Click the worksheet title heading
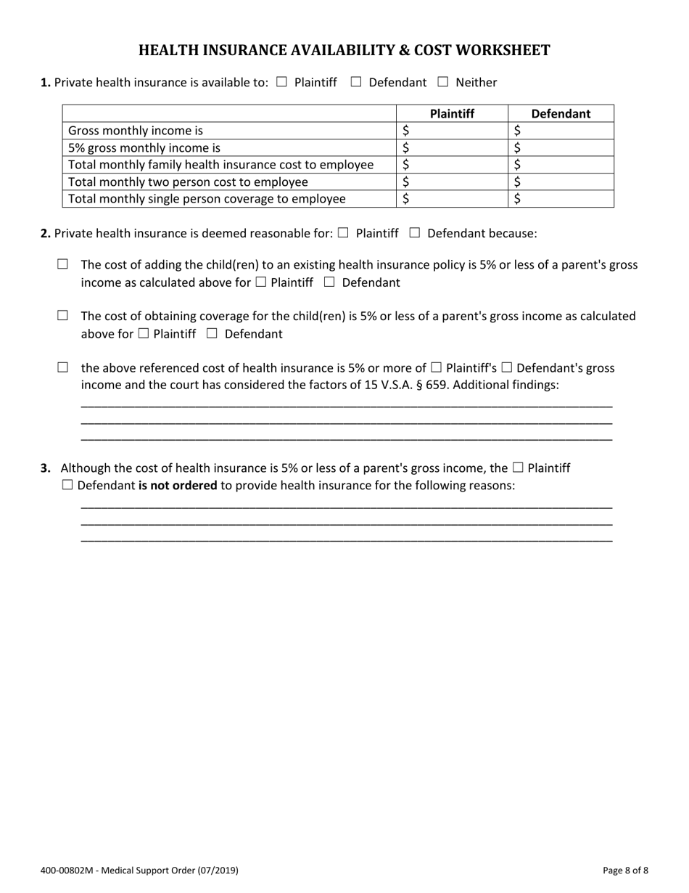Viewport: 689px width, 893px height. (344, 50)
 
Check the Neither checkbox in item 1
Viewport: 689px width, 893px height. (443, 82)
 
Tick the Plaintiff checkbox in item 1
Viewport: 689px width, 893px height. (282, 82)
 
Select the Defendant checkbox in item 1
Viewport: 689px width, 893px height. (356, 82)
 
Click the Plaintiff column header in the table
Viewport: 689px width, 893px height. (452, 113)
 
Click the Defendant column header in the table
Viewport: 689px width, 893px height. (561, 113)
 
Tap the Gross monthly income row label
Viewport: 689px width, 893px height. (136, 131)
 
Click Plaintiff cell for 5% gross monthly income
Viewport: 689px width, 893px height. (452, 147)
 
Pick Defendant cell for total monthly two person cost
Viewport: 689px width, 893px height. (561, 182)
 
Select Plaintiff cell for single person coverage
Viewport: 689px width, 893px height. (452, 198)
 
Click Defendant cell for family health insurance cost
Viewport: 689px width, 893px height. (561, 165)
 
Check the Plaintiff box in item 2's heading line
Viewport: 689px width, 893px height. (343, 233)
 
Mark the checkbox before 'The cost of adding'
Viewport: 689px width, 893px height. (62, 264)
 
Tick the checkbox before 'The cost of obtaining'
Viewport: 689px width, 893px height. (62, 316)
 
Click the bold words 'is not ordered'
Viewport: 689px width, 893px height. (178, 485)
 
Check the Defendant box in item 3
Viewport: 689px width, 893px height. (67, 485)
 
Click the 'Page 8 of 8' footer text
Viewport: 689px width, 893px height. (625, 870)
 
